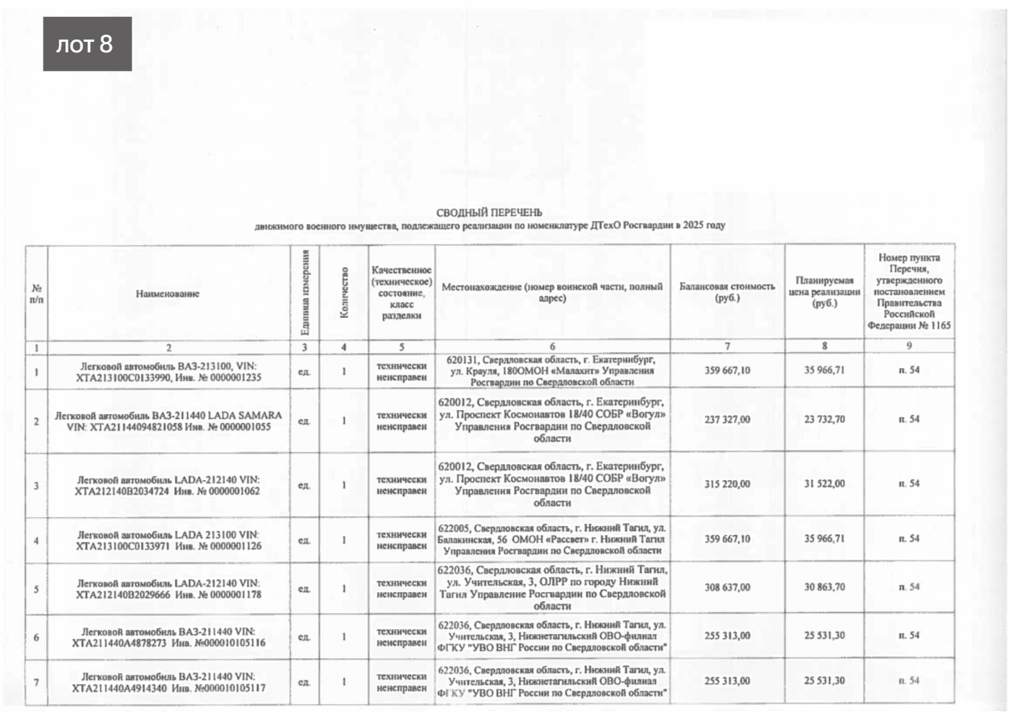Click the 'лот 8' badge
87,44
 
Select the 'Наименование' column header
168,294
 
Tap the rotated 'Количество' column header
344,292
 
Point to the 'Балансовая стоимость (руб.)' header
727,292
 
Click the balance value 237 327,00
727,419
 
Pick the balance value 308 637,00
727,588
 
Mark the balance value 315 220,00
727,483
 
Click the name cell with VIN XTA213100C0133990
168,371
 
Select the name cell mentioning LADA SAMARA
168,420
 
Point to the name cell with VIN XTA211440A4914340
168,682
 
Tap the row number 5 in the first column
36,588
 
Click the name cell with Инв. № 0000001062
168,484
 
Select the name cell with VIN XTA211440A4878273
168,636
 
